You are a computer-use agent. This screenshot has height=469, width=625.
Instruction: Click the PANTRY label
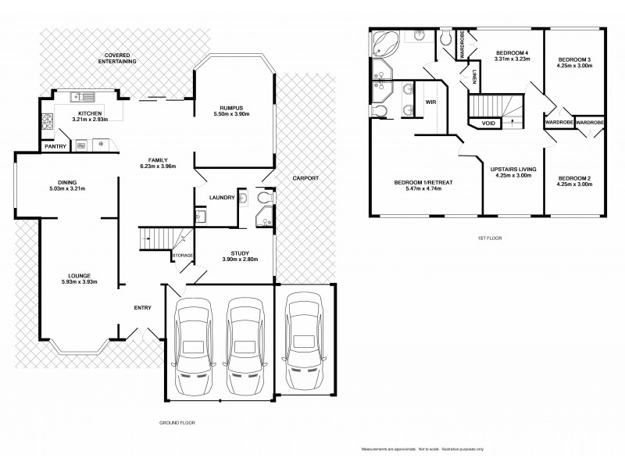(x=55, y=146)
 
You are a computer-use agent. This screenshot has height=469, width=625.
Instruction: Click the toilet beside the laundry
(x=244, y=199)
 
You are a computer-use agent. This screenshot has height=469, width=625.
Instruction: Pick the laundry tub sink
(x=200, y=216)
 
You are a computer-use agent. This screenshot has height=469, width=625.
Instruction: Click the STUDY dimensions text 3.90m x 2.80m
(x=240, y=259)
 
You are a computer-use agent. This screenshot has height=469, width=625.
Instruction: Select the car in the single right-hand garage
(x=304, y=341)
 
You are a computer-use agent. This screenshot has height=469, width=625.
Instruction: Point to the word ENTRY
(x=142, y=307)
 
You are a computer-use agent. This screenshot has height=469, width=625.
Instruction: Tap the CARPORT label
(x=305, y=178)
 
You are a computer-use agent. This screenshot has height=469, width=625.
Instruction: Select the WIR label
(x=430, y=102)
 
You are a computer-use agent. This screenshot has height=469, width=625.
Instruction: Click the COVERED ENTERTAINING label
(x=117, y=57)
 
